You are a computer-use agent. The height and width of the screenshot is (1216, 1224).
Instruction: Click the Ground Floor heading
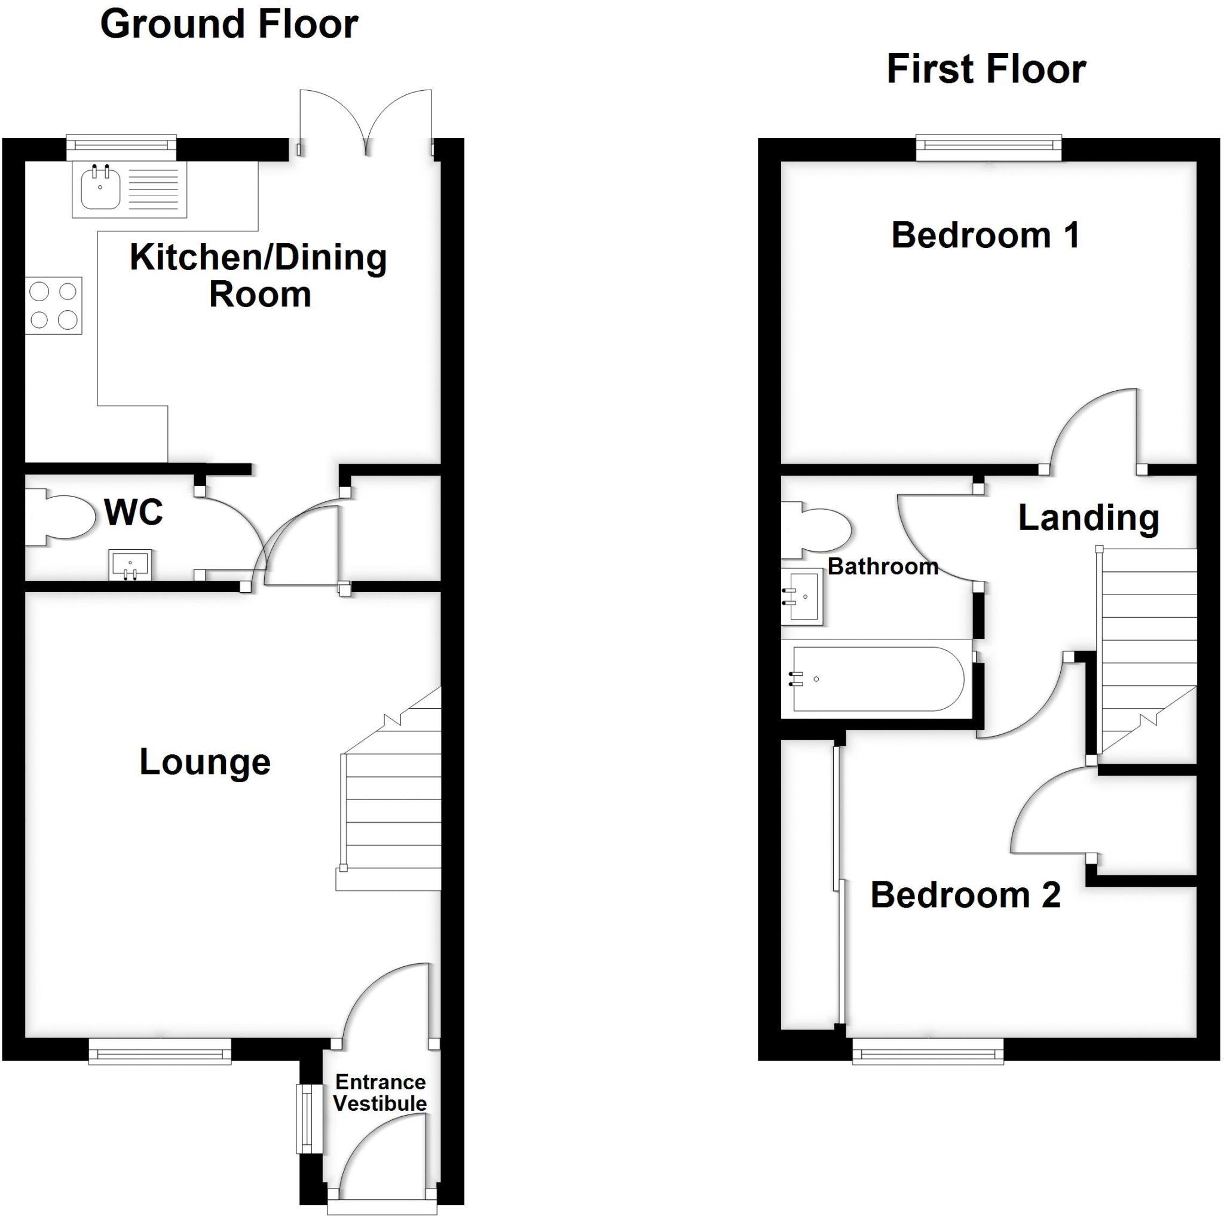click(229, 24)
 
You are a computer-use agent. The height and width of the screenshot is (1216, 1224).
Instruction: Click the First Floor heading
click(986, 69)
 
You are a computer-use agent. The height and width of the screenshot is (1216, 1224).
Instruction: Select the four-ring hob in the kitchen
click(54, 305)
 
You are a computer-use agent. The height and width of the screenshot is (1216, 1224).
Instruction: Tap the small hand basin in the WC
click(130, 564)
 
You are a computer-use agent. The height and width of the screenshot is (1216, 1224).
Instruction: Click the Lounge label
click(204, 761)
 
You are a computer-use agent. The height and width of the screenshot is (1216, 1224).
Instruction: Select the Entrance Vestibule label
click(380, 1092)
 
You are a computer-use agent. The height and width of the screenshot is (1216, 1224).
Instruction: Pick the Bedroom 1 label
click(985, 235)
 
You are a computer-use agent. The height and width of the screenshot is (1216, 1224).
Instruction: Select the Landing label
click(1088, 518)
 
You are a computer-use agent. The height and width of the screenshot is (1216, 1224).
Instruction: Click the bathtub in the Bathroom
click(877, 679)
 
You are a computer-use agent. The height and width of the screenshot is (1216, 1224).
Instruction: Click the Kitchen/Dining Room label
click(258, 276)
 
